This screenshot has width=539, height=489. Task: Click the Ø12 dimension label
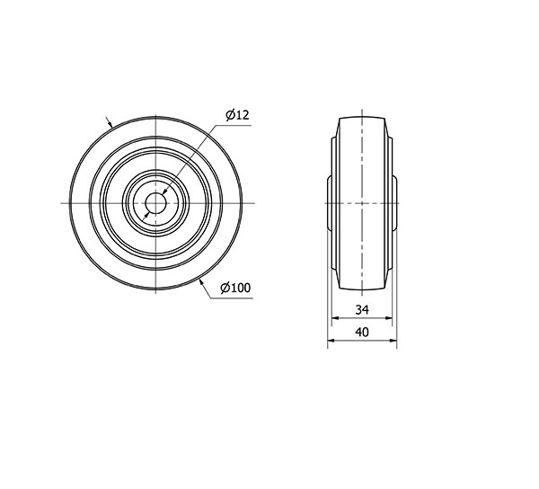[x=237, y=115]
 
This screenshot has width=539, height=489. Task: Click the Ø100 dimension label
[x=235, y=288]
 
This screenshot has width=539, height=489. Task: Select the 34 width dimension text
[x=362, y=310]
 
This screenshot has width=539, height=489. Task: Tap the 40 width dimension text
[x=362, y=333]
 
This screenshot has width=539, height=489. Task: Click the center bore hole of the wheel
[x=155, y=203]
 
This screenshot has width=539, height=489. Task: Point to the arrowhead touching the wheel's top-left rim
[x=110, y=124]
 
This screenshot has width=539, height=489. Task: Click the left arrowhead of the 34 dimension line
[x=335, y=318]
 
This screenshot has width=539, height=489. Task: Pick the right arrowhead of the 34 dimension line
[x=388, y=318]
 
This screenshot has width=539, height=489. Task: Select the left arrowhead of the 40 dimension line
[x=331, y=341]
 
